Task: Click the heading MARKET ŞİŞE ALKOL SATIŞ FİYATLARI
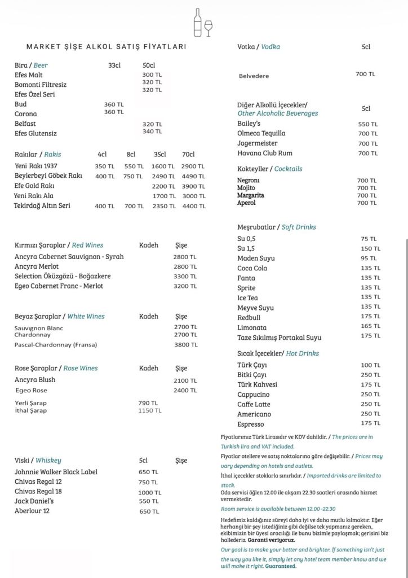pos(106,47)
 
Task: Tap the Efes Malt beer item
pos(29,75)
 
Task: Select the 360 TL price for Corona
pos(114,112)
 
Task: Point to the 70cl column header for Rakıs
pos(188,154)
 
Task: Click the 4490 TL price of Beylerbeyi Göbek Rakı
pos(193,176)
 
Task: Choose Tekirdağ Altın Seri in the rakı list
pos(42,206)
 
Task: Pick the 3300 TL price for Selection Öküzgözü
pos(185,277)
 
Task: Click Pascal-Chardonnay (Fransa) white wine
pos(56,345)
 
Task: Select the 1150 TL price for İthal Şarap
pos(149,410)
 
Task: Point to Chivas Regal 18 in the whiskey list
pos(38,492)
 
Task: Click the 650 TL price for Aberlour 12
pos(149,511)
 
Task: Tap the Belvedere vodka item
pos(254,76)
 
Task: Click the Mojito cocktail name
pos(246,188)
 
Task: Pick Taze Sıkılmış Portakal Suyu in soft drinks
pos(280,338)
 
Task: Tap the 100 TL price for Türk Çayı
pos(370,365)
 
